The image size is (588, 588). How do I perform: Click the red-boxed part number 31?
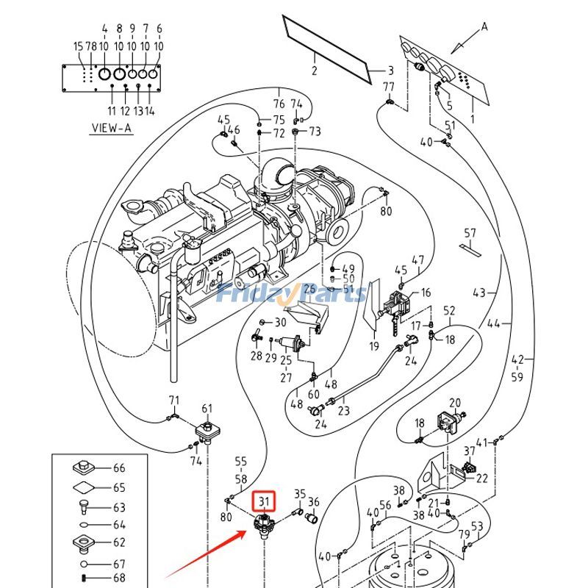coord(264,503)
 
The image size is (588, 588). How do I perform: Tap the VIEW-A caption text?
coord(111,128)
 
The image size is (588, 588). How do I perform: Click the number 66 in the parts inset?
coord(119,468)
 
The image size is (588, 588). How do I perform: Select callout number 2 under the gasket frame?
coord(314,71)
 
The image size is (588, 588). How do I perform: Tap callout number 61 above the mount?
coord(207,409)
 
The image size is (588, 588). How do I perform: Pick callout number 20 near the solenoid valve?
coord(455,403)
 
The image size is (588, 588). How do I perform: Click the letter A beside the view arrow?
coord(484,27)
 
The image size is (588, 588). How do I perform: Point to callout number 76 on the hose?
coord(279,104)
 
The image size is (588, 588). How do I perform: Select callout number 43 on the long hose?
coord(479,293)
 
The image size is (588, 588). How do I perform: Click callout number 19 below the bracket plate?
coord(373,347)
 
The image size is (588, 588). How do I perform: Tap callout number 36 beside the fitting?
coord(314,503)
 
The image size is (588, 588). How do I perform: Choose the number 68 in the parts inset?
coord(119,578)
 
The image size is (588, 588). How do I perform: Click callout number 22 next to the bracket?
coord(482,478)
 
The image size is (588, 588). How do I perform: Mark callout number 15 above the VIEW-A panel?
coord(78,46)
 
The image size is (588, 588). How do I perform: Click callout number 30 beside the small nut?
coord(280,323)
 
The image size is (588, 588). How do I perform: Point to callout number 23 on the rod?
coord(344,411)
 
